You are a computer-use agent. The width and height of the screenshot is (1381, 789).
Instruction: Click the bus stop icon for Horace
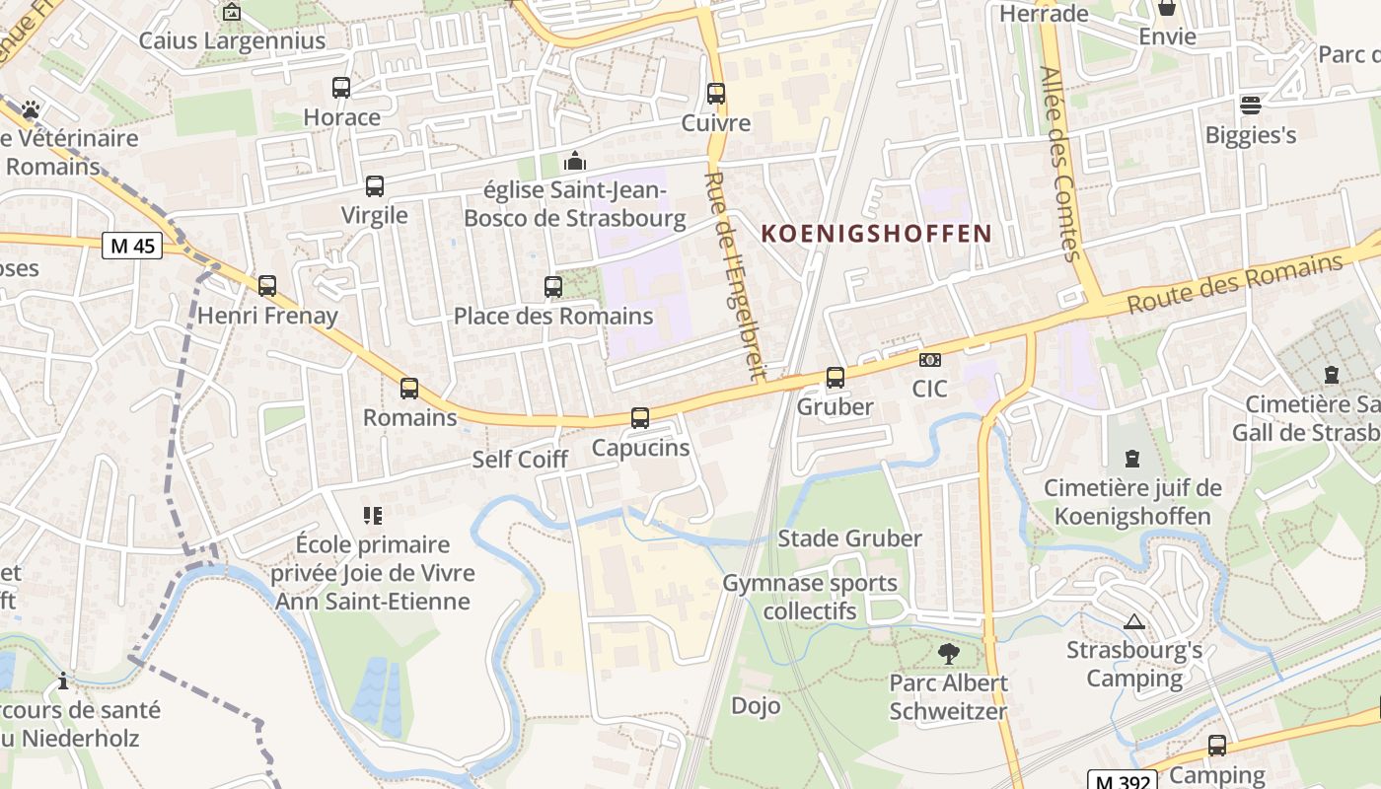(341, 88)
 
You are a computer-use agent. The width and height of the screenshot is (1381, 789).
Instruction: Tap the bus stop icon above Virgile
(375, 185)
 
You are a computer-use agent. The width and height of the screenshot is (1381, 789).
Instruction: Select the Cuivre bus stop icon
(716, 94)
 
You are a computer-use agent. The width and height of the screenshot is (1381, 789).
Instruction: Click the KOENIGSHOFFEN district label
(877, 234)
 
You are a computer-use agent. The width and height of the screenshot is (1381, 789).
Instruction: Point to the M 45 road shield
(132, 246)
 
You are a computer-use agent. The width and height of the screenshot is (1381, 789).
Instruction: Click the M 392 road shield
(1123, 780)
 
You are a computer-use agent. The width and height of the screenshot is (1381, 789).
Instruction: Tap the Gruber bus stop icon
(836, 377)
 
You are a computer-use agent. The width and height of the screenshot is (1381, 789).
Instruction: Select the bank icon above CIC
(929, 360)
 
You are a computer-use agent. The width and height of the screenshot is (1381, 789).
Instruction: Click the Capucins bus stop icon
(640, 418)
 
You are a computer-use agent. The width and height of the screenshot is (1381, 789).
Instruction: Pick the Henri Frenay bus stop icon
(267, 286)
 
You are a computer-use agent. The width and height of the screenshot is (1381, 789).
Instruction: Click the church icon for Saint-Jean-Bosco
(574, 161)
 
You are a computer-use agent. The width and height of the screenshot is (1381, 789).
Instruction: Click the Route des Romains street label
(1235, 283)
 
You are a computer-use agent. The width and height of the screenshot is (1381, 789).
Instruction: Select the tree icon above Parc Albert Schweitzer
(948, 653)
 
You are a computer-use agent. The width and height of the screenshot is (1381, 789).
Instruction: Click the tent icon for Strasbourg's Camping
(1134, 621)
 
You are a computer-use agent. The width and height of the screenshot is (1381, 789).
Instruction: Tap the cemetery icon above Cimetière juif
(1131, 459)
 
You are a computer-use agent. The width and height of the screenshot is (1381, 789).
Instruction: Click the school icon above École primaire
(373, 515)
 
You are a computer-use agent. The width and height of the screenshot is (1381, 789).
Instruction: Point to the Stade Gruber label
(849, 538)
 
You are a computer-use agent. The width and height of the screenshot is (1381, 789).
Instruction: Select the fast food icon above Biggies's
(1251, 105)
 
